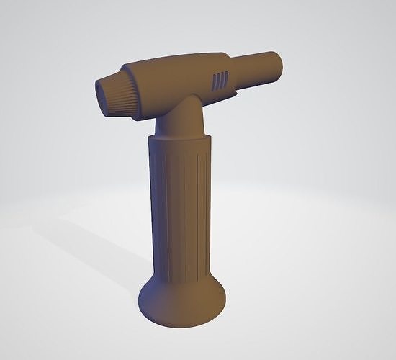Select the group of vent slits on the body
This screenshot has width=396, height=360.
[x=220, y=79]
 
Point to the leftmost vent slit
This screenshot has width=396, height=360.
[x=214, y=81]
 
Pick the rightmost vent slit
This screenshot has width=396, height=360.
[x=227, y=77]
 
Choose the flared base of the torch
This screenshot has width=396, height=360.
[x=182, y=299]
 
